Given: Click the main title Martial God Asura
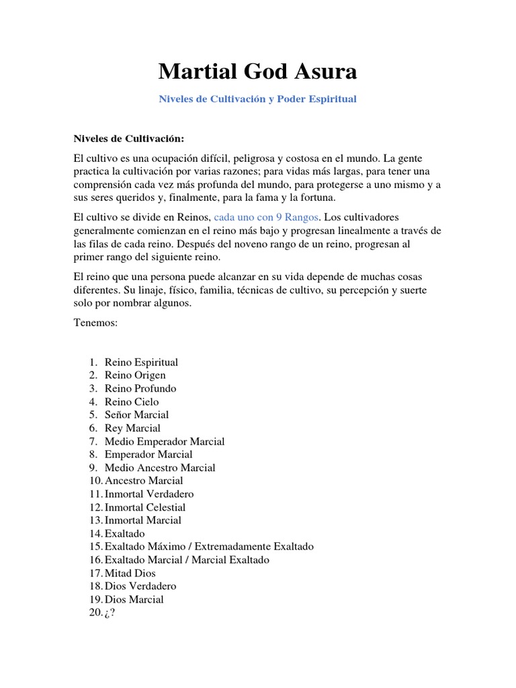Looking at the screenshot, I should [257, 71].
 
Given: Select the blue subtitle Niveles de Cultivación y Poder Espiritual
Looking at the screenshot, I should [257, 99].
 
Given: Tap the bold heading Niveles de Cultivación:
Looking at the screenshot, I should [128, 138].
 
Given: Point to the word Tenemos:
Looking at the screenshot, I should [95, 323].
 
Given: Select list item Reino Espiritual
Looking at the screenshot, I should [141, 362].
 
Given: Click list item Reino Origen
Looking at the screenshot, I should [135, 376].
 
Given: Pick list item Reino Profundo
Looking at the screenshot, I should [140, 388].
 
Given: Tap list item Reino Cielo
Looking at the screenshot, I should [132, 402].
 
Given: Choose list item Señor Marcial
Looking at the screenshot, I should [136, 415].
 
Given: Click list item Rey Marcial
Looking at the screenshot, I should [132, 428].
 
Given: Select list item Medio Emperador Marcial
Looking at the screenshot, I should [165, 441].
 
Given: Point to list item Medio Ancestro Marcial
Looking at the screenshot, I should [160, 468].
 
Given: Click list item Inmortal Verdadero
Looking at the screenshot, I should [149, 494].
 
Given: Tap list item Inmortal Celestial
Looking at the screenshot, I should [145, 507].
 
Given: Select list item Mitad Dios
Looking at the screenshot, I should [130, 573].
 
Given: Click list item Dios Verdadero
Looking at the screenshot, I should [140, 587].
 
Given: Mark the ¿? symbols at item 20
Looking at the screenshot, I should [110, 613].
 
